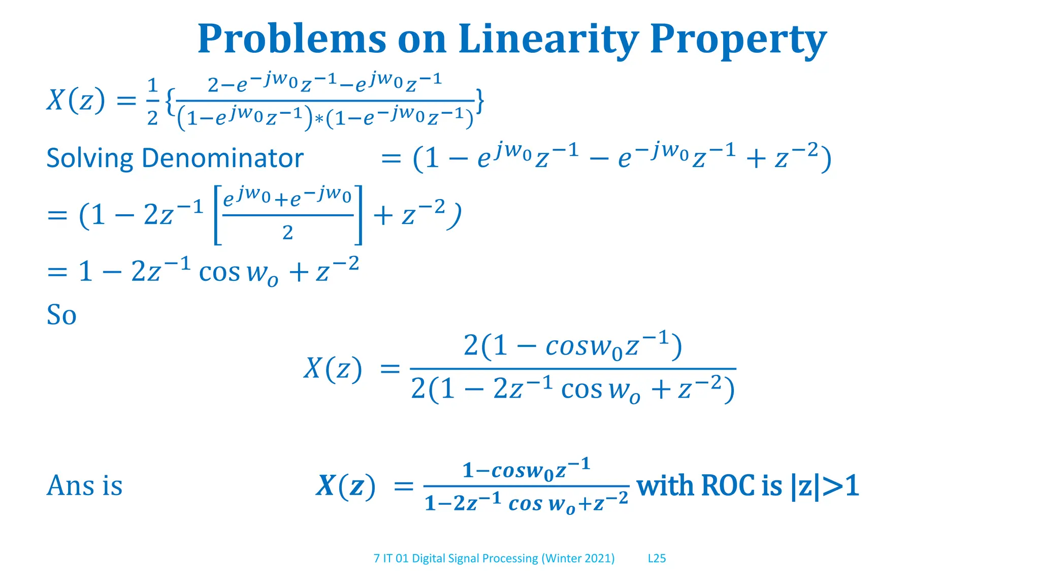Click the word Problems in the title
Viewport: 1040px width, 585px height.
291,40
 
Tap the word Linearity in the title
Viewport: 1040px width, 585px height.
548,40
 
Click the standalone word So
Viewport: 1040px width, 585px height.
61,315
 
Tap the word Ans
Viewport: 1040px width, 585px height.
71,485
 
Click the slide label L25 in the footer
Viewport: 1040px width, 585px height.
657,559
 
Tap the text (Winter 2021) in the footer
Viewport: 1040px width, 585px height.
578,559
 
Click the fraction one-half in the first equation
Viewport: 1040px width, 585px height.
152,101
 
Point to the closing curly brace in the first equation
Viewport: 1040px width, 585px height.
479,101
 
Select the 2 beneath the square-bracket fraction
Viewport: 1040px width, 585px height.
287,233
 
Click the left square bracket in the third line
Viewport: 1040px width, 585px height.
217,215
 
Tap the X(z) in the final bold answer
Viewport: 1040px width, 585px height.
345,486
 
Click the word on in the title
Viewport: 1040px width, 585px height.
421,40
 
